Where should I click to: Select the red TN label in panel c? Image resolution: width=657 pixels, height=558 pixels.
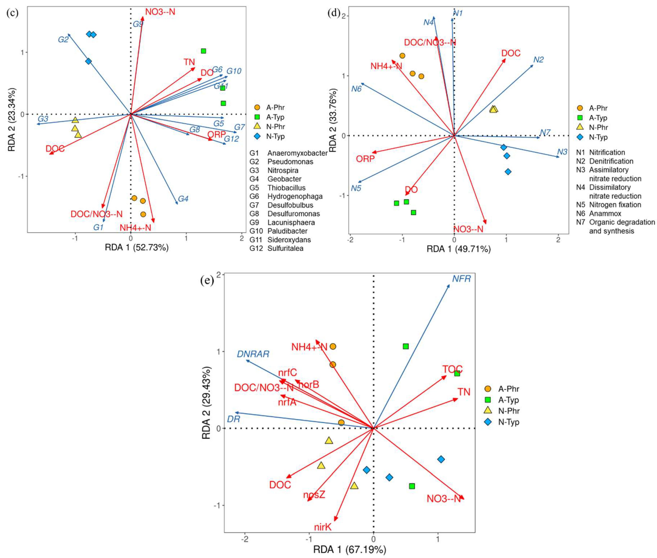tap(189, 62)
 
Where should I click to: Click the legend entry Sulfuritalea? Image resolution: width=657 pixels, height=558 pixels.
tap(285, 248)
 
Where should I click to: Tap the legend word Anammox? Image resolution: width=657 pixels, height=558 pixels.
tap(605, 213)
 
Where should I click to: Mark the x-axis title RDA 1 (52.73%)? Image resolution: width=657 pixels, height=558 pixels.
tap(137, 247)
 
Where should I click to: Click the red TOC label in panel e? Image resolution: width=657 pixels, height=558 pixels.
tap(452, 369)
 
